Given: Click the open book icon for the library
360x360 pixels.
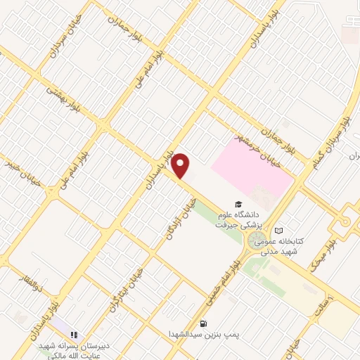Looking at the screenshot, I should point(279,231).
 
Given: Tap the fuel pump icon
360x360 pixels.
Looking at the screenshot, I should point(204,324).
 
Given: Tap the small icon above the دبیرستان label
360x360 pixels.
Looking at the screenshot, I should point(74,335).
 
